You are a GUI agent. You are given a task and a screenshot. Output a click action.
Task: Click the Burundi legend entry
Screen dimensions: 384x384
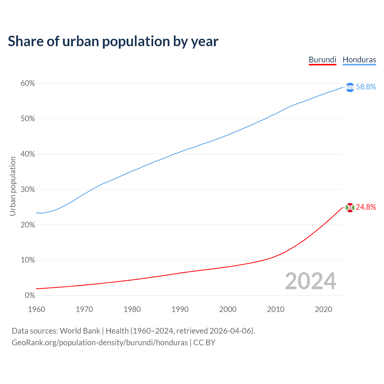pos(322,60)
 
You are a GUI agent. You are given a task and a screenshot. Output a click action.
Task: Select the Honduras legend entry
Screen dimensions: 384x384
pos(359,60)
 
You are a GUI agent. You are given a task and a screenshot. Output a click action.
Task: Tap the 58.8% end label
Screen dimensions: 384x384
pos(366,87)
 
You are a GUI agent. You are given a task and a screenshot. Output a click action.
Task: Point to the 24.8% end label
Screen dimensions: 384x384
pos(366,207)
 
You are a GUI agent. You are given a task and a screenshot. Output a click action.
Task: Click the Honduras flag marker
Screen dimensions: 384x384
pos(350,87)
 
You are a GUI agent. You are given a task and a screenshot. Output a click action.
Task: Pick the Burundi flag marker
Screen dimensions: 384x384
pos(350,207)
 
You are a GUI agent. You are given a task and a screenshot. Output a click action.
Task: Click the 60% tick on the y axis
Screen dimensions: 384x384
pos(28,83)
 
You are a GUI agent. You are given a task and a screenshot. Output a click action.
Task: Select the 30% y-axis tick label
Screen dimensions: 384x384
pos(28,190)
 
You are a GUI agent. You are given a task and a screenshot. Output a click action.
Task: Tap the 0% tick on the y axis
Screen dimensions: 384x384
pos(30,295)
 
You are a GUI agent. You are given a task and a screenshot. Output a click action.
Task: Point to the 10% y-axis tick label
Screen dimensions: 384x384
pos(28,260)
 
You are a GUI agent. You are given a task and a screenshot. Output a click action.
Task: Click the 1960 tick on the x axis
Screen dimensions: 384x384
pos(36,309)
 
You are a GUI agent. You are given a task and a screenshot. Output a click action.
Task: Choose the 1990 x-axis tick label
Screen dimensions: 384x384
pos(180,309)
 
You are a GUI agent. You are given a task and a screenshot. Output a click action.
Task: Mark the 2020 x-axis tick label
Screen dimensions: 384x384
pos(323,309)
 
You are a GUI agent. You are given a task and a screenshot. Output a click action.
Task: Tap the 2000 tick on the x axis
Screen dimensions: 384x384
pos(228,309)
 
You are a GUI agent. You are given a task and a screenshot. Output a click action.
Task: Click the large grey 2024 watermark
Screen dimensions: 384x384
pos(310,281)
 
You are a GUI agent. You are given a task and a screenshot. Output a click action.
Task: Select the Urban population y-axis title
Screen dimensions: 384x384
pos(13,186)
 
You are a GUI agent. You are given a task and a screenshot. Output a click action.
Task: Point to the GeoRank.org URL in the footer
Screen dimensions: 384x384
pos(100,343)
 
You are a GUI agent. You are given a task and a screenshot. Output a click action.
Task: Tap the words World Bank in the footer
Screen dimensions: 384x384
pos(80,331)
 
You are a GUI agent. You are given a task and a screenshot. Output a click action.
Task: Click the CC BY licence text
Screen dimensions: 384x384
pos(204,343)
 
